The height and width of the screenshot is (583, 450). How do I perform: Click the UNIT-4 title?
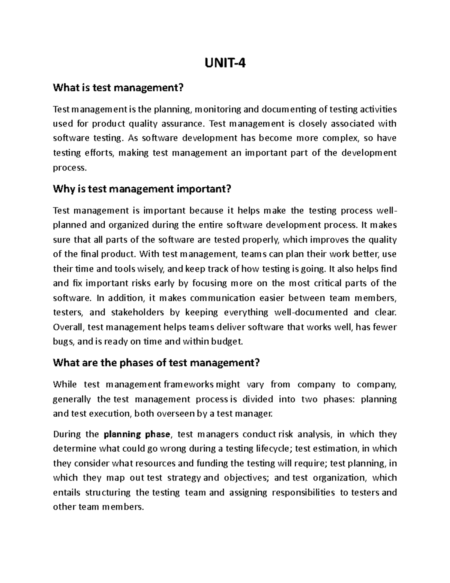(x=225, y=64)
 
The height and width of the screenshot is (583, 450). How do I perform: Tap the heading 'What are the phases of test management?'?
(x=156, y=363)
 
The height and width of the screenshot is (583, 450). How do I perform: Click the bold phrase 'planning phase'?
(x=137, y=434)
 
